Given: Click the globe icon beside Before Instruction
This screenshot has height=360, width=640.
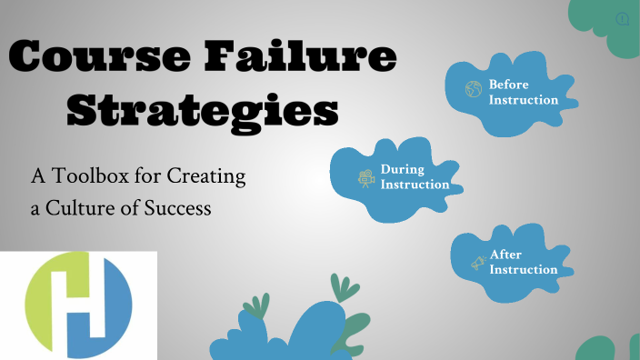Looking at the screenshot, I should click(x=473, y=89).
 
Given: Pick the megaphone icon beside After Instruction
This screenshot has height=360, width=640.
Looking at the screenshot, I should click(x=478, y=264).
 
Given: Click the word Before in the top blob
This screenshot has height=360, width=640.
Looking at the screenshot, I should click(x=508, y=84).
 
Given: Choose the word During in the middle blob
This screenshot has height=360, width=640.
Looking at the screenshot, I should click(x=402, y=169).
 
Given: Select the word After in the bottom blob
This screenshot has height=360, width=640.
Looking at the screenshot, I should click(x=505, y=255).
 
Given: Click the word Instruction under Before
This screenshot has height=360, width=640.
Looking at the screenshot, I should click(x=524, y=99).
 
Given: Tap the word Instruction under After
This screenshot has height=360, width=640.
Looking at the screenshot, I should click(x=524, y=269).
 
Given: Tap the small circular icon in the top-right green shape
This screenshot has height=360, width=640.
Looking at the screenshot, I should click(x=623, y=18).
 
